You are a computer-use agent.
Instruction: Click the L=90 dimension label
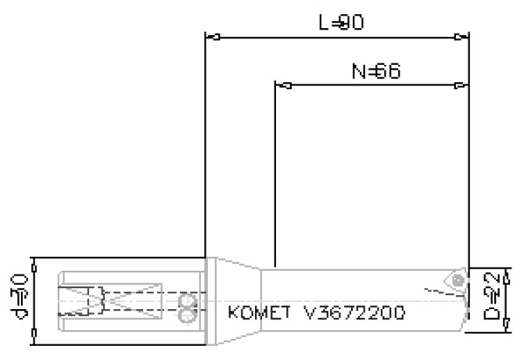pyautogui.click(x=341, y=23)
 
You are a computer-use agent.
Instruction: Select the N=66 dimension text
pyautogui.click(x=375, y=72)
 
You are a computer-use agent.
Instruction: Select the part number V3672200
pyautogui.click(x=355, y=314)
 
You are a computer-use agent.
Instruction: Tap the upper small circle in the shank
pyautogui.click(x=186, y=301)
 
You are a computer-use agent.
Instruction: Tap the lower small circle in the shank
pyautogui.click(x=186, y=315)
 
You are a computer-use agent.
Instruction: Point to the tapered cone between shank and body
pyautogui.click(x=235, y=301)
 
